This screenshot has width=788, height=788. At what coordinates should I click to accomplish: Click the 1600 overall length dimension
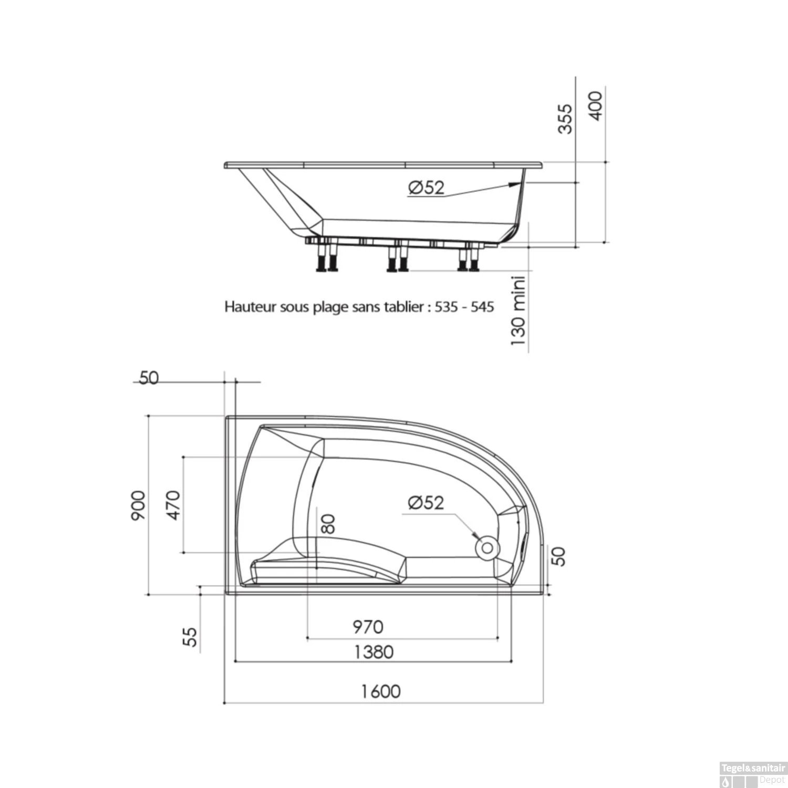point(381,691)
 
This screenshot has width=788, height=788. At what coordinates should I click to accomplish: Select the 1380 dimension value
point(374,652)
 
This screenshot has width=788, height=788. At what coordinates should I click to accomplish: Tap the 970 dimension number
point(368,627)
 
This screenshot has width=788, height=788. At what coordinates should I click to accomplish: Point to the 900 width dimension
point(138,505)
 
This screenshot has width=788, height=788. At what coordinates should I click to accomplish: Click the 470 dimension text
point(173,504)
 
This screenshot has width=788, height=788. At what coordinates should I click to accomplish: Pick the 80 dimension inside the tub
point(328,524)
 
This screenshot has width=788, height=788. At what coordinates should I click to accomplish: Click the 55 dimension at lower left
point(192,637)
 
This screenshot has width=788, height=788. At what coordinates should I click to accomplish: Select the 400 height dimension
point(596,106)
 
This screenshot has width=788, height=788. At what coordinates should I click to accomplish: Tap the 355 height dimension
point(565,119)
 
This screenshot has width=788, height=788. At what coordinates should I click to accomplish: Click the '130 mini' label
point(519,310)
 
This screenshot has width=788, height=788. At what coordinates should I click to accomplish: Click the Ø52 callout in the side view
point(426,188)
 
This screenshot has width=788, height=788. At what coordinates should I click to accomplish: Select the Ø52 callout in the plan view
point(426,503)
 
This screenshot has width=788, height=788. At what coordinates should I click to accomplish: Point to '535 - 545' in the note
point(464,307)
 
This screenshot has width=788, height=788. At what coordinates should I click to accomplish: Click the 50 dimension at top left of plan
point(149,378)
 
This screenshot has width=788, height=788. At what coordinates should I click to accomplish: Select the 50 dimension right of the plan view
point(560,556)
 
